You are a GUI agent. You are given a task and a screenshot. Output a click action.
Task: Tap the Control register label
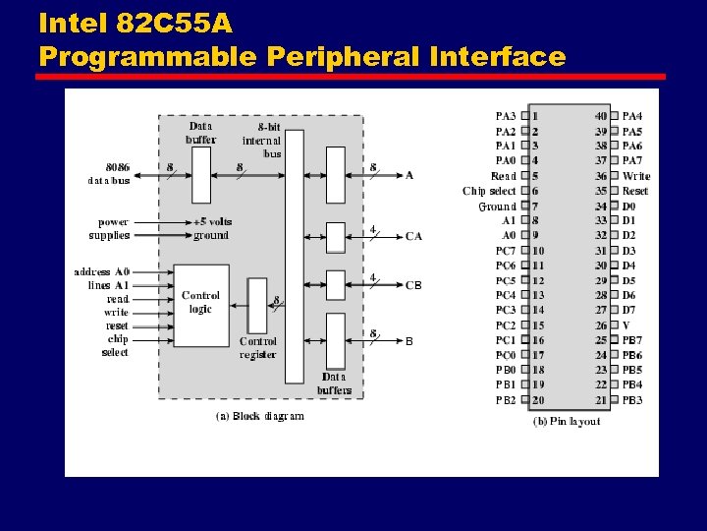tap(257, 348)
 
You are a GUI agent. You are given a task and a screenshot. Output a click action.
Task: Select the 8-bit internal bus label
tap(262, 140)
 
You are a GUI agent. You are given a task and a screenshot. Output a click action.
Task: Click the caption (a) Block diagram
tap(260, 416)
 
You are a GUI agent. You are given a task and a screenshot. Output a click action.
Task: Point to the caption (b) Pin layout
tap(567, 421)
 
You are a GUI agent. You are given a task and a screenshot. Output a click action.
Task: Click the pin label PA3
tap(505, 116)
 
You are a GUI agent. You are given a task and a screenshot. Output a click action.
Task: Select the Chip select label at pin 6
tap(489, 191)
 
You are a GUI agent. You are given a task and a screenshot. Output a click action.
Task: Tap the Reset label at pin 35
tap(635, 191)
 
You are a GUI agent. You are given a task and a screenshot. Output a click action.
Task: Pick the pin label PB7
tap(632, 340)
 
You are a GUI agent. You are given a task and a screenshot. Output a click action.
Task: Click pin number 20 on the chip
tap(537, 400)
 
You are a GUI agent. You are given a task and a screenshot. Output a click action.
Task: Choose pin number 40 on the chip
tap(601, 116)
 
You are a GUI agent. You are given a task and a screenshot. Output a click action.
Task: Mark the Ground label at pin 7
tap(497, 206)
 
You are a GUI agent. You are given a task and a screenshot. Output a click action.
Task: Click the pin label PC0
tap(505, 355)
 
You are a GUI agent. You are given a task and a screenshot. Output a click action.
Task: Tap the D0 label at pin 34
tap(628, 206)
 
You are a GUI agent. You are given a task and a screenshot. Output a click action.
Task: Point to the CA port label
tap(413, 236)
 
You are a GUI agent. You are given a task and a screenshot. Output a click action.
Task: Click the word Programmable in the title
tap(145, 56)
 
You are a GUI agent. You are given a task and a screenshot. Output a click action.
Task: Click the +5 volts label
tap(212, 222)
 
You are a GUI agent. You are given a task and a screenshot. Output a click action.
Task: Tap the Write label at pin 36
tap(635, 176)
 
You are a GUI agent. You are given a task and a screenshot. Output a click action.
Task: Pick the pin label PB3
tap(632, 400)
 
